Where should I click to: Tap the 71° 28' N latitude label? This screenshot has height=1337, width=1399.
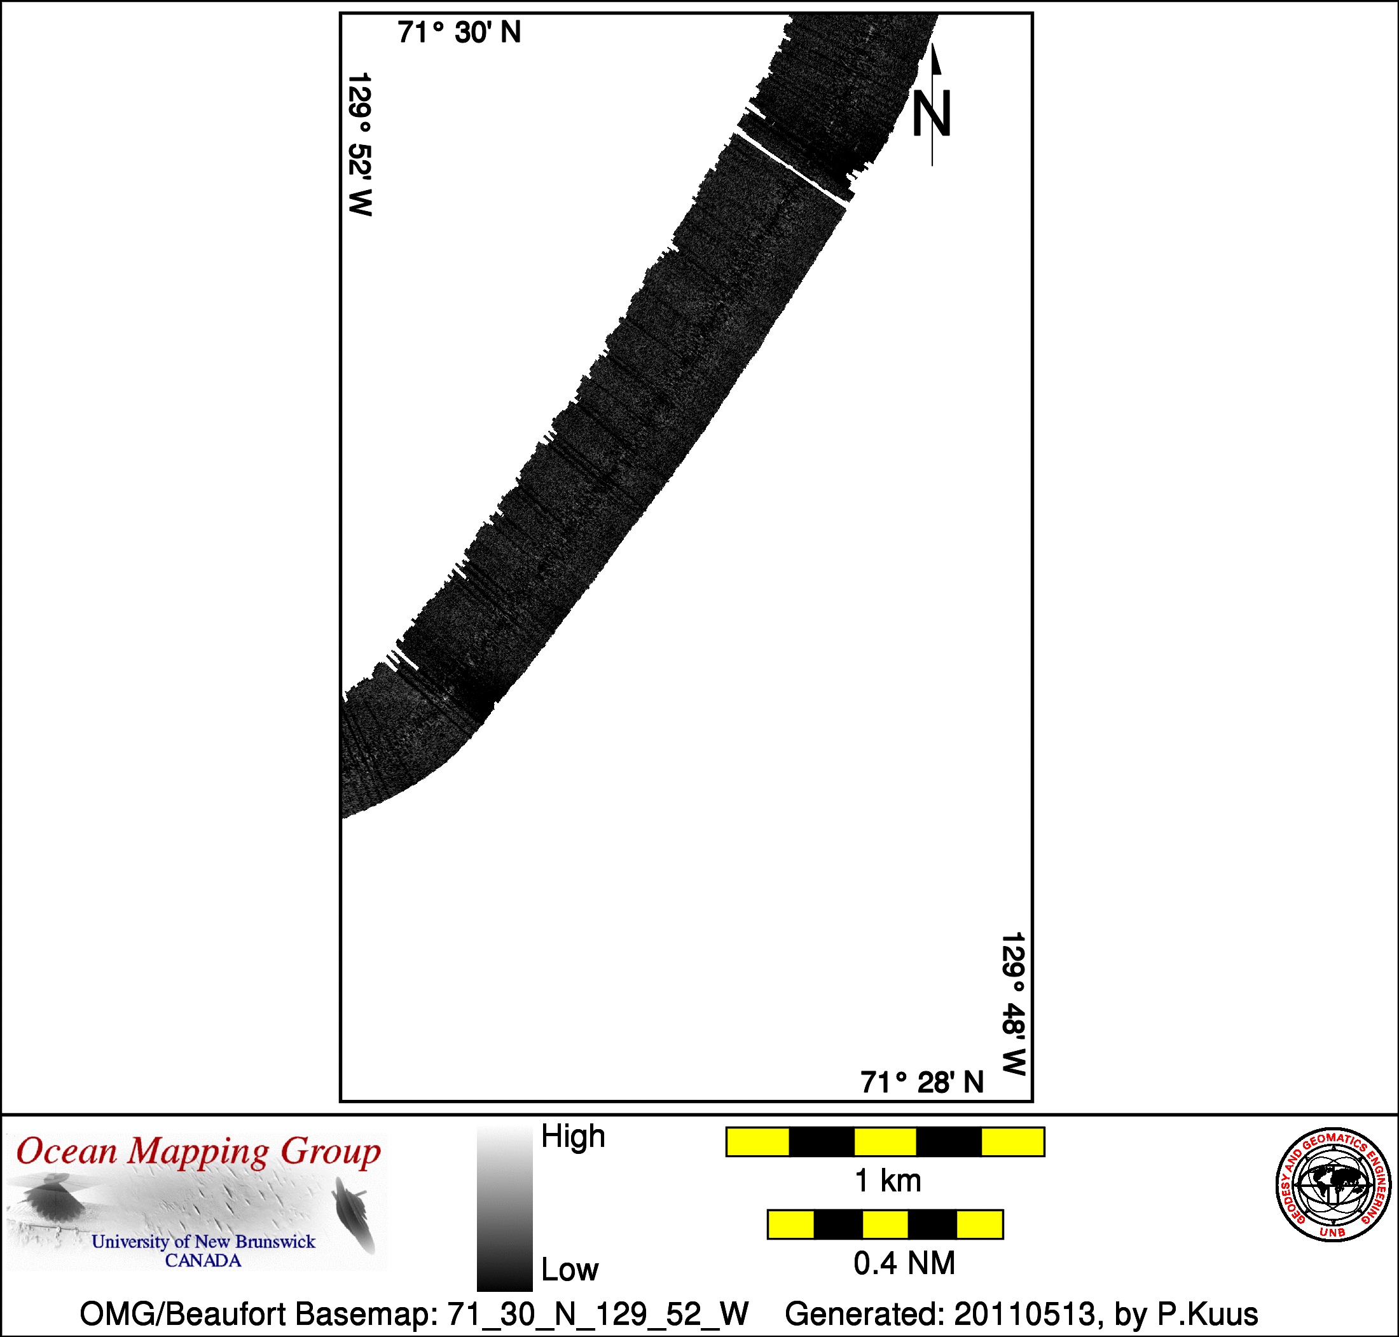pos(921,1082)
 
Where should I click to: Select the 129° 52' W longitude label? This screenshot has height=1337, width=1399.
pos(360,144)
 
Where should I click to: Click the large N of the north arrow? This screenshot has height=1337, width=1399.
pos(932,113)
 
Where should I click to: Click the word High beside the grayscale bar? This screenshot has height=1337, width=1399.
pos(573,1136)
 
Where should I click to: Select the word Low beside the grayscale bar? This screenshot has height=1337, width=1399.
pos(569,1270)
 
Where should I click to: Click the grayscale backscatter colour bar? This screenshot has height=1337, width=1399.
pos(504,1208)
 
